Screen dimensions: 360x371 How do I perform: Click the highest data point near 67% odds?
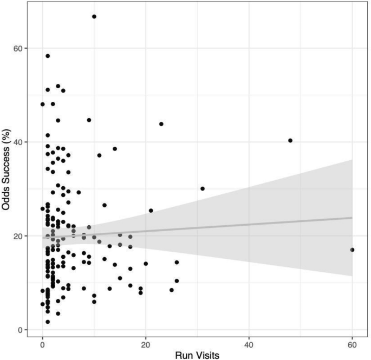94,17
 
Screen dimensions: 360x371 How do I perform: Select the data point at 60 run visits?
352,250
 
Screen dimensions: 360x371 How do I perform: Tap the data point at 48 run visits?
290,140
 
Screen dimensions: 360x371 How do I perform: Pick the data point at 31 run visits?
203,188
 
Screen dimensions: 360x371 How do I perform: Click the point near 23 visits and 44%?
161,124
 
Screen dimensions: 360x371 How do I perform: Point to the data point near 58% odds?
48,56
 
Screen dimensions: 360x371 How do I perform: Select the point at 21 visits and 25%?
151,211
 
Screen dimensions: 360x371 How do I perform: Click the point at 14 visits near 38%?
115,149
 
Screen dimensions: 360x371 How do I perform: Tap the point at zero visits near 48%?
43,104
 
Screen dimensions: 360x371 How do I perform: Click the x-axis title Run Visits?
197,355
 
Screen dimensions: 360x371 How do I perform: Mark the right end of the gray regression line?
352,218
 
